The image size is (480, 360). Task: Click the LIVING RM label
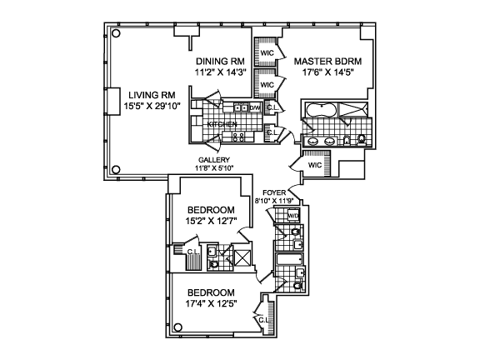tap(152, 95)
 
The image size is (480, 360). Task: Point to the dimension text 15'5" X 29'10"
tap(152, 106)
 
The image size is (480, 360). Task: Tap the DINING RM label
tap(220, 62)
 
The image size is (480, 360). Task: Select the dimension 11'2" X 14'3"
tap(220, 72)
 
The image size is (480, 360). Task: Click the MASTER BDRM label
tap(327, 62)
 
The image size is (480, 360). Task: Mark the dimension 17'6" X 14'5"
tap(327, 72)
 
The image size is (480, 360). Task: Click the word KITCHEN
tap(222, 124)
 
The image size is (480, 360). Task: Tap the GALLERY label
tap(214, 160)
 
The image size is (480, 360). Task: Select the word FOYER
tap(274, 192)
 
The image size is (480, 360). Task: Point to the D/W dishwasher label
tap(255, 107)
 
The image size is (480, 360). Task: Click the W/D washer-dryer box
tap(292, 216)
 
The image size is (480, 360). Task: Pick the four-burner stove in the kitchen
tap(238, 137)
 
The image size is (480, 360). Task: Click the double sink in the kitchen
tap(241, 107)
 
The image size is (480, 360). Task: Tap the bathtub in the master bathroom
tap(321, 110)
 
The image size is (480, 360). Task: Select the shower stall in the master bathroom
tap(353, 110)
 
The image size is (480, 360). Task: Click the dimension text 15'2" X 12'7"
tap(212, 222)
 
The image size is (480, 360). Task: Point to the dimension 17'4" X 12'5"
tap(212, 304)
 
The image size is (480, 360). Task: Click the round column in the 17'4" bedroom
tap(177, 327)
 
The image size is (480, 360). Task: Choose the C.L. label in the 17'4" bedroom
tap(263, 320)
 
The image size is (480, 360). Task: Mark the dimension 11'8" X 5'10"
tap(214, 167)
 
